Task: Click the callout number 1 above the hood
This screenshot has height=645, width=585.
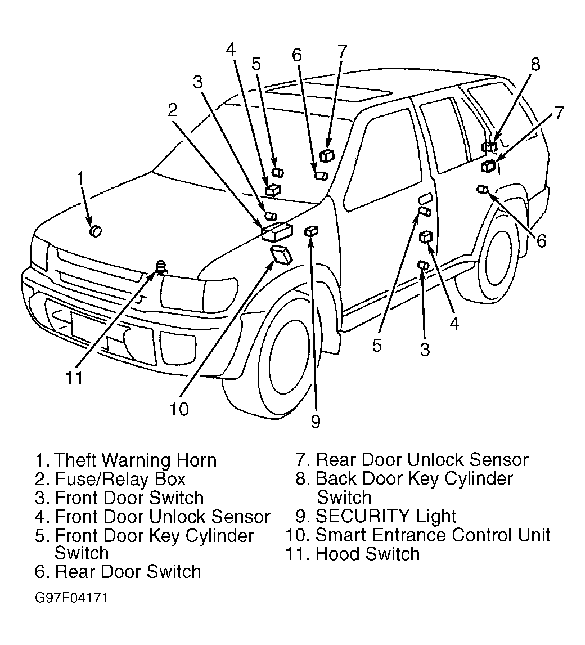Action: pos(80,179)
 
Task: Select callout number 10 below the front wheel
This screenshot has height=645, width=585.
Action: pos(179,409)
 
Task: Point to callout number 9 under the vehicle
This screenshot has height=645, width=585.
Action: pos(316,422)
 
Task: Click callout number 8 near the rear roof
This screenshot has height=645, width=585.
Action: pos(535,64)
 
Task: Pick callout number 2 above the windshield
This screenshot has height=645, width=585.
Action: pos(173,110)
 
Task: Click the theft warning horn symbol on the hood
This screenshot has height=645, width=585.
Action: pos(96,231)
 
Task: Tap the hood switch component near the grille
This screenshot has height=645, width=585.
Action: pos(161,266)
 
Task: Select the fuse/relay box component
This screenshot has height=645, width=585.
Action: pos(276,231)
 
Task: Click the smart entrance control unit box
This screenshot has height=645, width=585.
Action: pos(281,254)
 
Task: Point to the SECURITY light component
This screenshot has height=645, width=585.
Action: pos(312,231)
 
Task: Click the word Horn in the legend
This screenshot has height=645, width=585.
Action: pos(196,460)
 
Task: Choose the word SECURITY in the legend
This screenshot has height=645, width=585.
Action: pos(362,516)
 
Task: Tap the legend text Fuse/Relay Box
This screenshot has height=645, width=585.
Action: pos(120,479)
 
